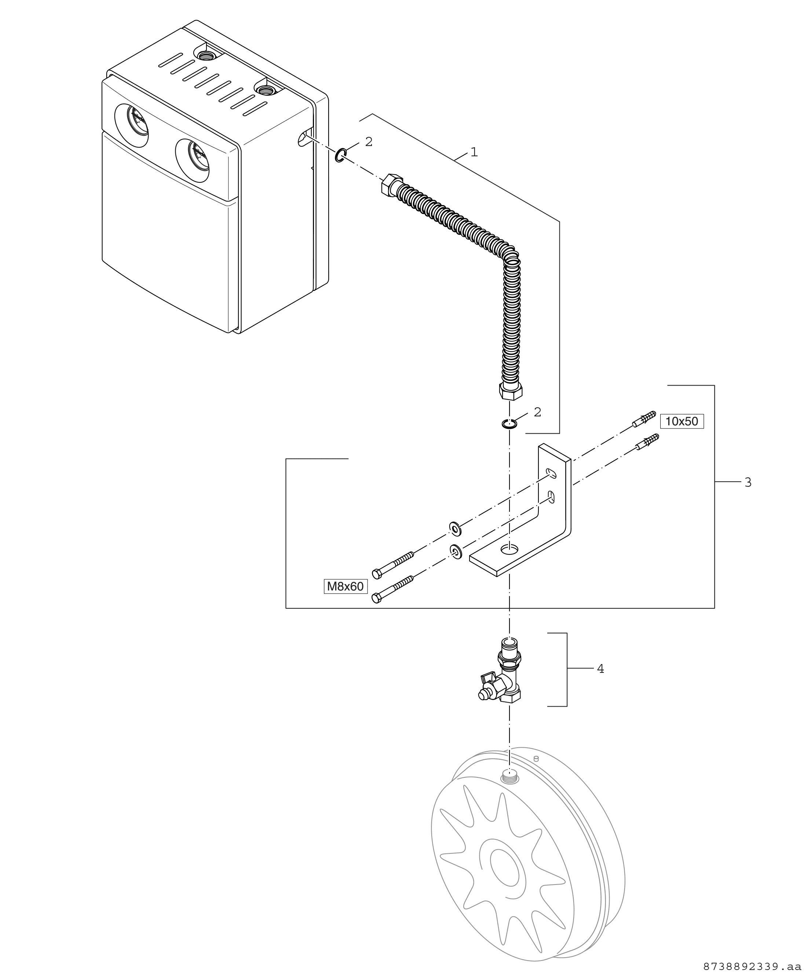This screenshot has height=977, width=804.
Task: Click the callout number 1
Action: [474, 152]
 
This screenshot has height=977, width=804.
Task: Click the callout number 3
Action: [748, 483]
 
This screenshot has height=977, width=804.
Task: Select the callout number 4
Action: [600, 668]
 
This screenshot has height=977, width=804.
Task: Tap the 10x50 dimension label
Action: [681, 421]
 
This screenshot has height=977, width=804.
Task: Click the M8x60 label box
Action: [345, 587]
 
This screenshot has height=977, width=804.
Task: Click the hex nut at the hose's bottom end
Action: [510, 391]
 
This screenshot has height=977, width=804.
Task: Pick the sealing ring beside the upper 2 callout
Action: [340, 156]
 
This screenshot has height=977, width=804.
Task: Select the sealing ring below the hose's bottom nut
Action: [509, 423]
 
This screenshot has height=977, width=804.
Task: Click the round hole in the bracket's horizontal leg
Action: [509, 548]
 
